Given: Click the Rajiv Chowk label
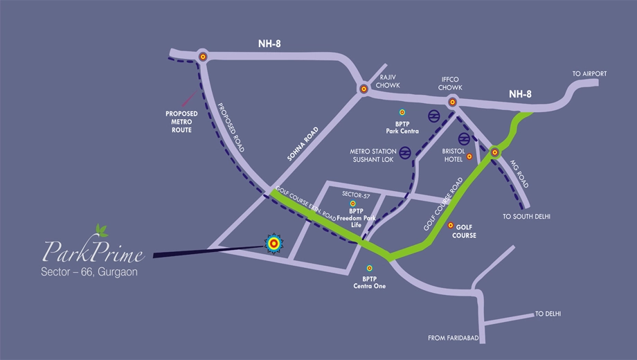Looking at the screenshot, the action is coord(388,81).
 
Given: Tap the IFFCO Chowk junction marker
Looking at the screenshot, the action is coord(452,102).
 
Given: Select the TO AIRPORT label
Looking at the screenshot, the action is coord(589,73).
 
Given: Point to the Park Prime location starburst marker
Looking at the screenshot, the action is coord(273,244).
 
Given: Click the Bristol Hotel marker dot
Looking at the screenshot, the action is coord(469,156).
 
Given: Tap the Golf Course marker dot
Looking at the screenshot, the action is coord(451,225).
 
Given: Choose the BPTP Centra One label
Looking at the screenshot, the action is coord(369,282).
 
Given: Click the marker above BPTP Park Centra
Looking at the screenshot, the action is coord(402,112).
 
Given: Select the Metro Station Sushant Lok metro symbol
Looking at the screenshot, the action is coord(404,153).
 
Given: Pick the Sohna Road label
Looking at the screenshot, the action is coord(303,144).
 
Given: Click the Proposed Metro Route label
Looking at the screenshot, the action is coord(181,122).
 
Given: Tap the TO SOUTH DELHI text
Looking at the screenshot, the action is coord(526,217).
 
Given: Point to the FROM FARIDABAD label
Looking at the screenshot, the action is coord(454,338).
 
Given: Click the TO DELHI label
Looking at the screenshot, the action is coord(548,314).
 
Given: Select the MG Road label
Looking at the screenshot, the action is coord(519,174).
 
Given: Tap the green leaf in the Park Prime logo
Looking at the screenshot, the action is coord(101,231).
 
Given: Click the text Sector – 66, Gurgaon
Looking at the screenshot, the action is coord(89,272).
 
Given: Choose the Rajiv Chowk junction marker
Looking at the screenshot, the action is coord(364,89).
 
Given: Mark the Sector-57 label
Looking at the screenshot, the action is coord(356,195).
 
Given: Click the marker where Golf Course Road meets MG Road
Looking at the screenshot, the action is coord(495,152).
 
